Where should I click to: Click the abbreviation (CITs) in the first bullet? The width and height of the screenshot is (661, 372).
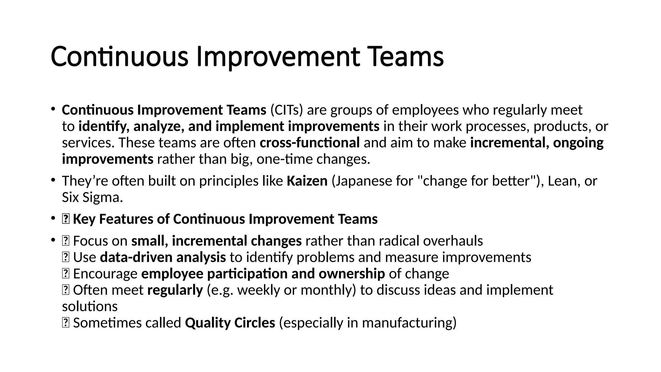286,110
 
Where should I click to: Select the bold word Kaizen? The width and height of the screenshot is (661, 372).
307,181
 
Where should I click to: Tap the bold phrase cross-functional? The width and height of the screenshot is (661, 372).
310,143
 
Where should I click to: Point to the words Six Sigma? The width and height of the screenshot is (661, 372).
92,197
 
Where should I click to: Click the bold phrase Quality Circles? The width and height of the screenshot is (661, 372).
230,323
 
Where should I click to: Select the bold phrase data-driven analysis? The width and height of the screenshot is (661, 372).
163,257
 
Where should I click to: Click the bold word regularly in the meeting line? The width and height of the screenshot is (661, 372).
175,290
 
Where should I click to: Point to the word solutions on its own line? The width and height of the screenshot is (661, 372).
90,306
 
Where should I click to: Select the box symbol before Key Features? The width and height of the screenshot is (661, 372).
66,219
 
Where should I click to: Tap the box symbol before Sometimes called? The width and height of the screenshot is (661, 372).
66,323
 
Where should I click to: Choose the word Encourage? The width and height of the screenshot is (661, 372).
105,274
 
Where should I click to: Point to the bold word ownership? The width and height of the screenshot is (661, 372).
351,274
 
